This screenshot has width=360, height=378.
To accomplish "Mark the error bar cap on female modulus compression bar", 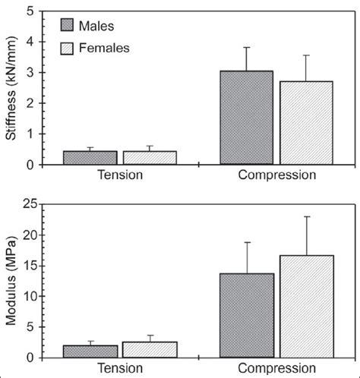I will tap(306, 216).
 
